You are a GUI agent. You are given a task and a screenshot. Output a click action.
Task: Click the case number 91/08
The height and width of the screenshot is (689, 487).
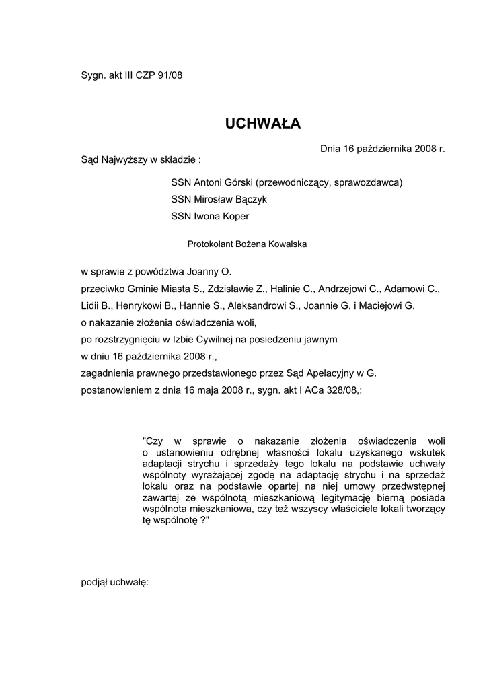coord(170,75)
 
